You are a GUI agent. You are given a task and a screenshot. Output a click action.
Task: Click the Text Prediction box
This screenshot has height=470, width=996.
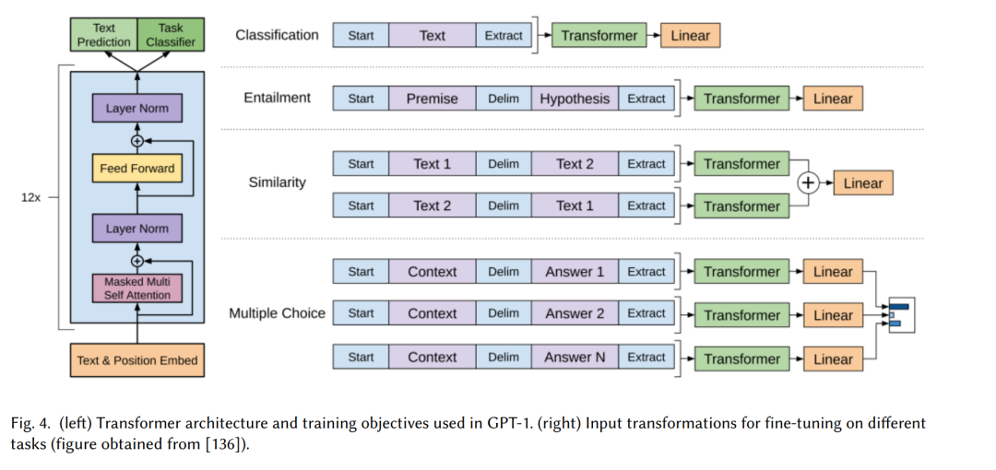click(x=103, y=35)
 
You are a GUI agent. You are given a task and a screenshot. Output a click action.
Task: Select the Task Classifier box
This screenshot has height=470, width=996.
click(x=171, y=35)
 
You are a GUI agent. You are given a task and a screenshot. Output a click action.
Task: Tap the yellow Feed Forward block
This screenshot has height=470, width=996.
click(x=136, y=169)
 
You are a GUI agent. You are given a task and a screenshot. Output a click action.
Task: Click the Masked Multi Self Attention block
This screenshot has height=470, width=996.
click(x=136, y=288)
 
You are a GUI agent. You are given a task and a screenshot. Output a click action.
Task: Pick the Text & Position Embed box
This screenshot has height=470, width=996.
click(x=137, y=360)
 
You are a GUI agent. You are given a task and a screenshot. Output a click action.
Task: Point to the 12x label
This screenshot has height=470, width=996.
click(x=30, y=197)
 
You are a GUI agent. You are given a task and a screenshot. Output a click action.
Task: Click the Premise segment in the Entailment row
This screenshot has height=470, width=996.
click(x=432, y=100)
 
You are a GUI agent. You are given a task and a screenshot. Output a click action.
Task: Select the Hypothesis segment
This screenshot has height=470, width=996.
click(x=575, y=100)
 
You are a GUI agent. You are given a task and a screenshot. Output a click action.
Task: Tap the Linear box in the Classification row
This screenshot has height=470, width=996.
click(x=691, y=36)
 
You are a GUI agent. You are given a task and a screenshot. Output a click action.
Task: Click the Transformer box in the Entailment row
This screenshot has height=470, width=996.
click(x=741, y=100)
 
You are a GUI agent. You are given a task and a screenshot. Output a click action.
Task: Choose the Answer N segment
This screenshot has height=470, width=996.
click(x=575, y=358)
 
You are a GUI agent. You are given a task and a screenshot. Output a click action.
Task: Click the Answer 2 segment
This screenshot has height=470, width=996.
click(x=575, y=313)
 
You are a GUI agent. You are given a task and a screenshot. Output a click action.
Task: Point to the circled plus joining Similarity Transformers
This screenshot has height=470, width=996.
click(x=808, y=183)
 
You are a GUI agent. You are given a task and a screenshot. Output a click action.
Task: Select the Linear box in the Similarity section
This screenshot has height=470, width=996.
click(x=863, y=182)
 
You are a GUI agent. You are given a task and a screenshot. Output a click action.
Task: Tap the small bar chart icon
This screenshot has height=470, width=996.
click(x=901, y=315)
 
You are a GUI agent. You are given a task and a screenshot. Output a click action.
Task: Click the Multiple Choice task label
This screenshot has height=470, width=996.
click(x=277, y=313)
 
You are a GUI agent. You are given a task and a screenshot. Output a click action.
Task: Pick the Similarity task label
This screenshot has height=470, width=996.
click(x=277, y=182)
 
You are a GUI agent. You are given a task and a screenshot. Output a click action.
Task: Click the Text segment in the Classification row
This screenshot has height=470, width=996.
click(x=432, y=36)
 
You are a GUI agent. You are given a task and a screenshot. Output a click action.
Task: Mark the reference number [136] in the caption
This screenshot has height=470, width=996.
click(x=223, y=444)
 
